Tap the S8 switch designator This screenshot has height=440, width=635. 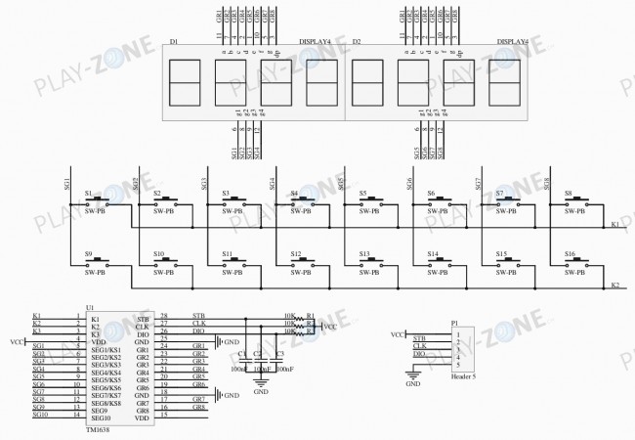tap(568, 194)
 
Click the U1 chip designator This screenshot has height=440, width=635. tap(91, 306)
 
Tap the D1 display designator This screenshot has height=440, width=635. tap(173, 42)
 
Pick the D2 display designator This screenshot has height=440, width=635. tap(357, 42)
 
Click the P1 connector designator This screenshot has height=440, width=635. tap(454, 323)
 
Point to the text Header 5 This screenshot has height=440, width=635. tap(465, 375)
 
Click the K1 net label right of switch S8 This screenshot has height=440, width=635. tap(614, 225)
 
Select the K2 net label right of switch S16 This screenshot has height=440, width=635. tap(614, 286)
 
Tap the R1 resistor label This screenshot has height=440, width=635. tap(311, 316)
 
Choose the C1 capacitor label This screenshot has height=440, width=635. tap(241, 353)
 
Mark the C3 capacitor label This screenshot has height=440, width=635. tap(279, 353)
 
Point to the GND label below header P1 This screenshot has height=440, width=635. tap(413, 384)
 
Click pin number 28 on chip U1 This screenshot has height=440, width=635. tap(164, 316)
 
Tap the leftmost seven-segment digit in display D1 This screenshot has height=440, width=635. tap(184, 82)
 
